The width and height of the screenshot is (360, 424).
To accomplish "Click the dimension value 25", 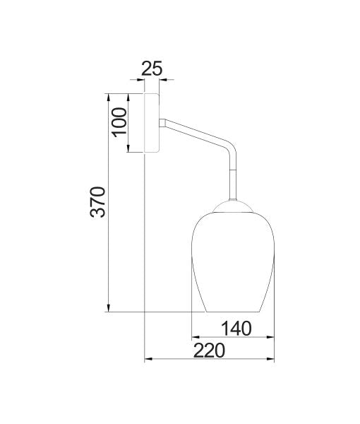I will click(x=152, y=69).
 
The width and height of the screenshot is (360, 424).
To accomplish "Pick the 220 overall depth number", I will click(x=210, y=351).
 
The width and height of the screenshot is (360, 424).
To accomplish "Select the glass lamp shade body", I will click(x=228, y=261).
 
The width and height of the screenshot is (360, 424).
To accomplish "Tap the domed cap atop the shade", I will click(x=231, y=205).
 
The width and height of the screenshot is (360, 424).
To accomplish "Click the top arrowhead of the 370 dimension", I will click(x=108, y=97).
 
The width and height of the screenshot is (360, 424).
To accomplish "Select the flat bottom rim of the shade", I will click(x=232, y=312).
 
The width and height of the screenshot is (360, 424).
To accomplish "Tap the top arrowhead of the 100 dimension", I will click(x=128, y=97).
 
